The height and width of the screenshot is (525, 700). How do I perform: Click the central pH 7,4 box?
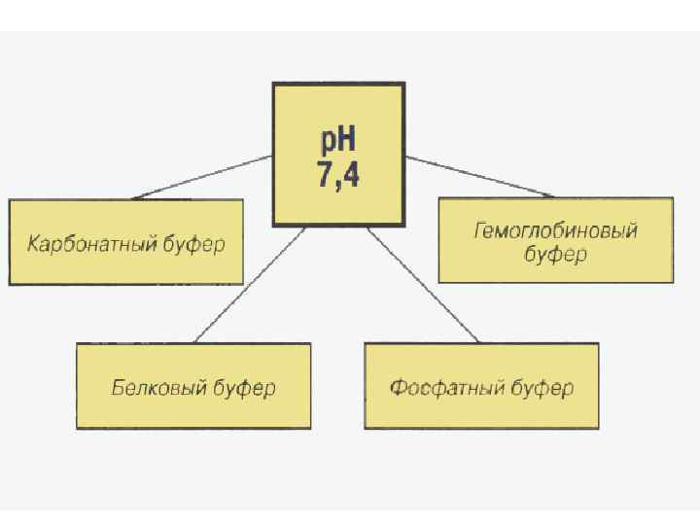337,154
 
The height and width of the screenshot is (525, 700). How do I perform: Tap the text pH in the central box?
337,138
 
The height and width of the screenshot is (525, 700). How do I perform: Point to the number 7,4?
337,176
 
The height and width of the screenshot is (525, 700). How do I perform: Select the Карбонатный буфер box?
125,242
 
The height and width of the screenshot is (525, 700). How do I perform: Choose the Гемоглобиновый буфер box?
555,240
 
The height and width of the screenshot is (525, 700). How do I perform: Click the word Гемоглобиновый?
555,231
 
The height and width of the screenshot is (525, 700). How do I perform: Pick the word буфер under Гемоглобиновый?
555,256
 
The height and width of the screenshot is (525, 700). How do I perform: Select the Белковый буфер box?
193,387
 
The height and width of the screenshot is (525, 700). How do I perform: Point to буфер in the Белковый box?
244,387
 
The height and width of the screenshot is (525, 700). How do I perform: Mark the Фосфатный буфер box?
481,387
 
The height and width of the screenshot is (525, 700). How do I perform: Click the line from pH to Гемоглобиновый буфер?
479,176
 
